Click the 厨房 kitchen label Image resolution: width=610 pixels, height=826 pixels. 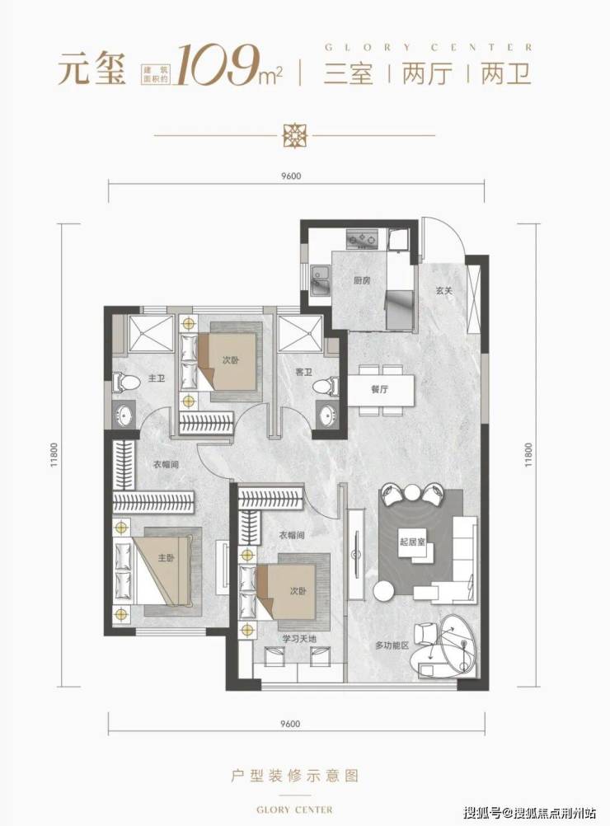click(361, 281)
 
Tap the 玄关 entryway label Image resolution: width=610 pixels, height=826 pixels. click(444, 290)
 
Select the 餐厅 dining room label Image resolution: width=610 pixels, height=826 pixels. click(379, 390)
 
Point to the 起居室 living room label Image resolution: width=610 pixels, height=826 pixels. click(412, 542)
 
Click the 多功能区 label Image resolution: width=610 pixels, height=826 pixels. click(392, 645)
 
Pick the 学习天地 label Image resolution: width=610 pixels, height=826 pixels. click(299, 639)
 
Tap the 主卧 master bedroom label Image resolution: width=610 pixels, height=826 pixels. click(166, 557)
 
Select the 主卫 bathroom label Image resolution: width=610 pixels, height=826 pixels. click(157, 378)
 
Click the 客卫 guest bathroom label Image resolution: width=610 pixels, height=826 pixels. click(304, 373)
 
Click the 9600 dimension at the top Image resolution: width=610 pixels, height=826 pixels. click(291, 176)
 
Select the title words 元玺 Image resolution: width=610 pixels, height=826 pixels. click(92, 69)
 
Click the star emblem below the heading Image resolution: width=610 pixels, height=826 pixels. click(294, 134)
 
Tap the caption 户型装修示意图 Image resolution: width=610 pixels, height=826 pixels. click(295, 776)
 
